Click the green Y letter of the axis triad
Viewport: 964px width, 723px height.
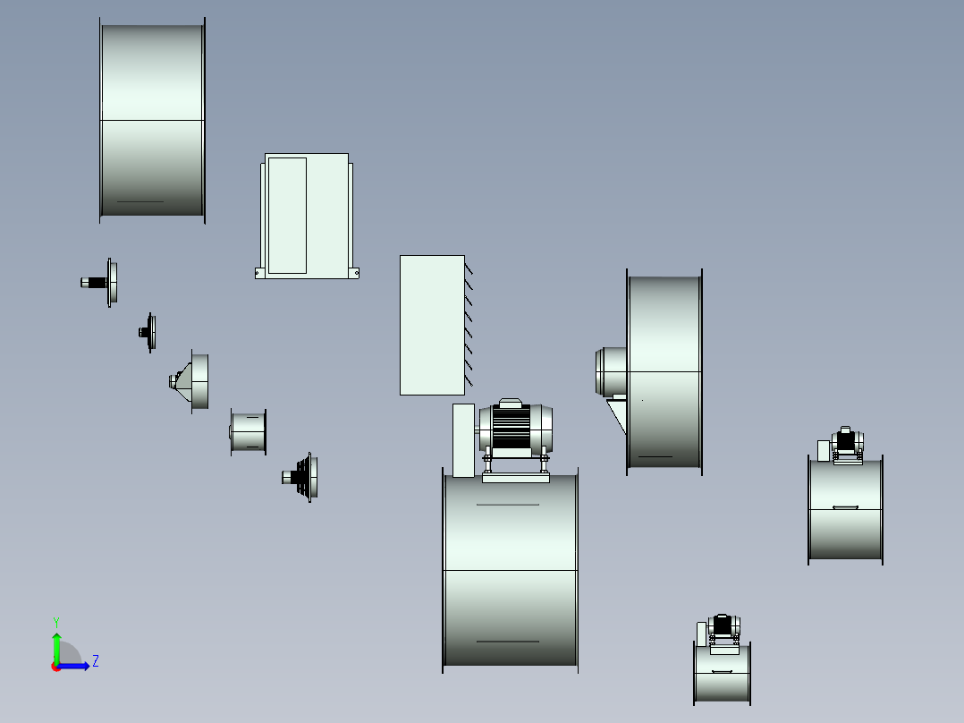pyautogui.click(x=56, y=623)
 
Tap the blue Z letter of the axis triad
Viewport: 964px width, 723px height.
pyautogui.click(x=96, y=661)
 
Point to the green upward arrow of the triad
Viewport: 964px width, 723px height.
pyautogui.click(x=56, y=648)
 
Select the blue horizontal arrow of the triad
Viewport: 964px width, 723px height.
pyautogui.click(x=73, y=666)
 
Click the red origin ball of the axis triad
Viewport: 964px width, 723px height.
pyautogui.click(x=56, y=667)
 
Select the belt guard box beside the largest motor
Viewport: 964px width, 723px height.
pyautogui.click(x=463, y=440)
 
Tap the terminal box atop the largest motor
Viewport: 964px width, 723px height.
pyautogui.click(x=511, y=403)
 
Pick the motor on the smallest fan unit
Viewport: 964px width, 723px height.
pyautogui.click(x=723, y=626)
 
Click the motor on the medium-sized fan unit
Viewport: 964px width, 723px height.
pyautogui.click(x=847, y=440)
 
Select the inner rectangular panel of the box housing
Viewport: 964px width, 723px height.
pyautogui.click(x=287, y=216)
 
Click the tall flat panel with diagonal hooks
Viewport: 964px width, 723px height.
pyautogui.click(x=432, y=325)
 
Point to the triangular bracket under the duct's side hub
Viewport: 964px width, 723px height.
pyautogui.click(x=617, y=414)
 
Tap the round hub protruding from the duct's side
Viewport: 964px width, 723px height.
pyautogui.click(x=611, y=371)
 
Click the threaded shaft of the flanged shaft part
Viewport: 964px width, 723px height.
pyautogui.click(x=94, y=283)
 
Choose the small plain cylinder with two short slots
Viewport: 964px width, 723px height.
pyautogui.click(x=249, y=432)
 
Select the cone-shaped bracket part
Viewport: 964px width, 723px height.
pyautogui.click(x=190, y=381)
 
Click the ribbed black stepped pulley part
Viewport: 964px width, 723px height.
pyautogui.click(x=300, y=477)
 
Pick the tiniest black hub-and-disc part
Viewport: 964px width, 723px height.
pyautogui.click(x=148, y=332)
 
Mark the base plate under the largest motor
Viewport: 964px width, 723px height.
pyautogui.click(x=516, y=478)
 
